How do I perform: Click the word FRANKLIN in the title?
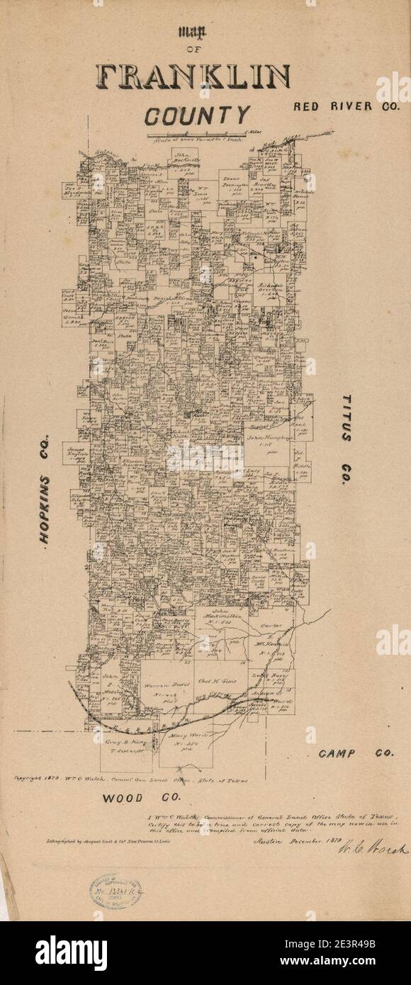click(194, 77)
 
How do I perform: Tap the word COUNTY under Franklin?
click(198, 114)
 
